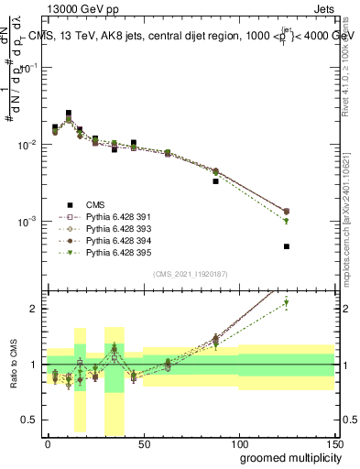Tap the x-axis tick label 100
point(239,442)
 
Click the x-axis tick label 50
point(143,442)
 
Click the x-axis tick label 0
point(48,442)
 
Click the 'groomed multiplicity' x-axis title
point(287,456)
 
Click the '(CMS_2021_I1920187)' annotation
point(191,274)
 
